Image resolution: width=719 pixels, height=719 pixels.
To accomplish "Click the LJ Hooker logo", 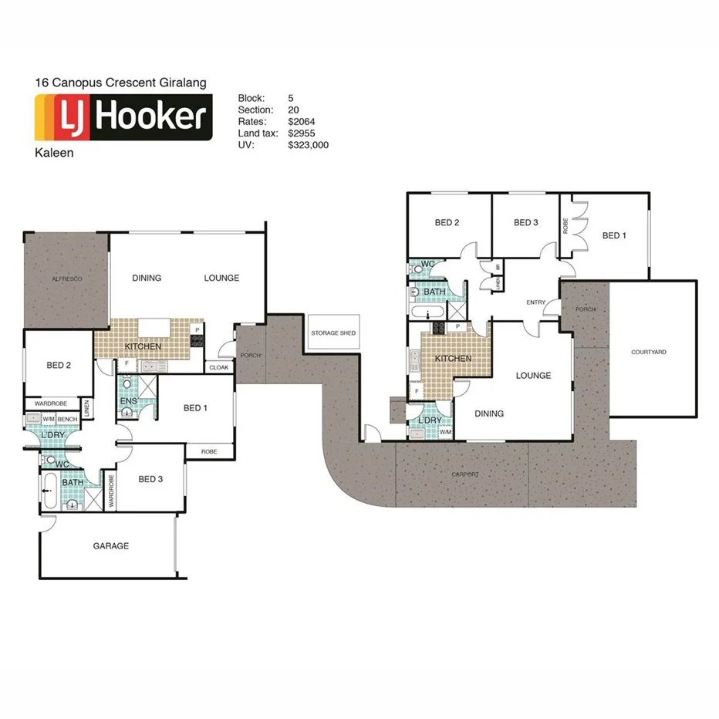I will point(123,116).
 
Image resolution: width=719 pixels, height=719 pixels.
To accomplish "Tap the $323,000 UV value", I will point(309,144).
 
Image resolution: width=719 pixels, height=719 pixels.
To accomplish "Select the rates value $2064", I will point(302,121).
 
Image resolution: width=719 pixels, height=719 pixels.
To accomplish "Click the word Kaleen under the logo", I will point(54,153).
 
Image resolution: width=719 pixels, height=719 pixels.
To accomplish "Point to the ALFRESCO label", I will point(67,278).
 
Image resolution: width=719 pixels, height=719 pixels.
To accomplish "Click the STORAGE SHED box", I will point(333,333).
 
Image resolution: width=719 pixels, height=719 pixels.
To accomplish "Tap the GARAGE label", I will point(111,545).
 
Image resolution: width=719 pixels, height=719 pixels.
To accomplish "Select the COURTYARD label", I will point(649,352).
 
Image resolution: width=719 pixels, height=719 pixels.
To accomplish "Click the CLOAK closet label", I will point(219,368).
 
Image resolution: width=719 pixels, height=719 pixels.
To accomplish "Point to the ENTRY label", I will point(536,302).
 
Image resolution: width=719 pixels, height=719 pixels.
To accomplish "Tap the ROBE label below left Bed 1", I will point(208,451).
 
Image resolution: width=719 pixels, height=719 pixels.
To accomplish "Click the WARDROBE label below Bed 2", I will point(50,403).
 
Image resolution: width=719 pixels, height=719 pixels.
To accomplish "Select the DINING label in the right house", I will point(489,414).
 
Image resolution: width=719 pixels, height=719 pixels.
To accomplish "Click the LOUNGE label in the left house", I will point(221,278).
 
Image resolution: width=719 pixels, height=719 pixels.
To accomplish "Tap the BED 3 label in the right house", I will point(525,223).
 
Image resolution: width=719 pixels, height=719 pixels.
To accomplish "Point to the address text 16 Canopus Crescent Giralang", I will point(121,82).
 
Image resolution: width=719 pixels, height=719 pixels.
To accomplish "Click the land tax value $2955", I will point(302,133).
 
